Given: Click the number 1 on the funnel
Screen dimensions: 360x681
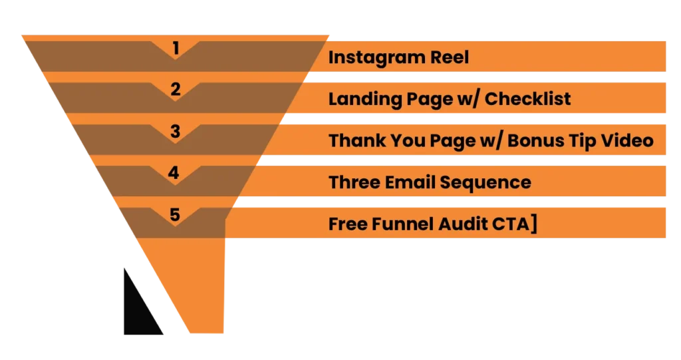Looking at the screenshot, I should [176, 47].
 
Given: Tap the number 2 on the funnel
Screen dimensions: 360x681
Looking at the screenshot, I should [176, 89].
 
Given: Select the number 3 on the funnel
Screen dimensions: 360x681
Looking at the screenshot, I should [175, 131].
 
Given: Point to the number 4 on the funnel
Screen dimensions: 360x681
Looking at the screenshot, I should [174, 173].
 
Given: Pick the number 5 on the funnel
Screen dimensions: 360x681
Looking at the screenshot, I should [174, 215].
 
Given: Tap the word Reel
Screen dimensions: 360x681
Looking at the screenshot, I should [449, 57].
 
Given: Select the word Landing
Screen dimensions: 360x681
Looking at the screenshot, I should [365, 100].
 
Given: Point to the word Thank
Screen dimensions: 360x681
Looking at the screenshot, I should [353, 141].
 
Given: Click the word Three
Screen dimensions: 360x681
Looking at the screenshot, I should [354, 182].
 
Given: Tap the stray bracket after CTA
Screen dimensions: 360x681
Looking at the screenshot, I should [534, 224].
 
